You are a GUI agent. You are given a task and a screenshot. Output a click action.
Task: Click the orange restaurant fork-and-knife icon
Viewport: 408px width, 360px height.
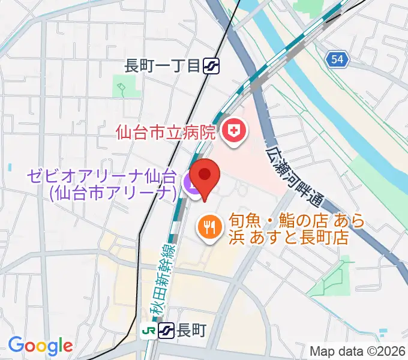click(209, 227)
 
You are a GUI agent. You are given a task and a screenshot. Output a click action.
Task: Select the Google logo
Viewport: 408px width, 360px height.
click(40, 345)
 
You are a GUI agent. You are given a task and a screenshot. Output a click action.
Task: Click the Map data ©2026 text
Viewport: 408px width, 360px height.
click(358, 351)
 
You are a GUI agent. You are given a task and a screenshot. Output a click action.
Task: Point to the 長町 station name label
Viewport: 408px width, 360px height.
click(191, 330)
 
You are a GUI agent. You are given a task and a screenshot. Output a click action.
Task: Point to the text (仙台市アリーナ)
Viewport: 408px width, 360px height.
click(113, 193)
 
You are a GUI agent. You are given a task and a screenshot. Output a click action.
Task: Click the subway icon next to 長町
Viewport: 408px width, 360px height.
click(167, 330)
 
